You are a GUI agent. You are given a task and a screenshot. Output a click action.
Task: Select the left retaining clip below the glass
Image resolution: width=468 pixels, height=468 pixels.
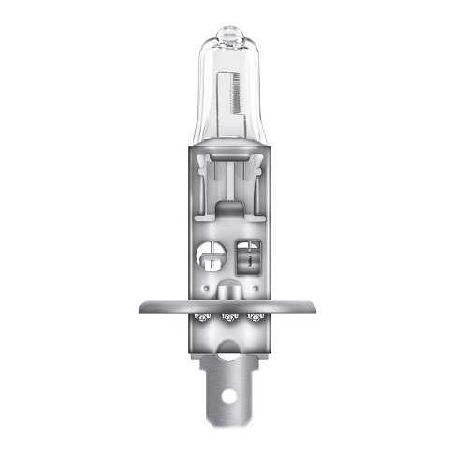tap(210, 172)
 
